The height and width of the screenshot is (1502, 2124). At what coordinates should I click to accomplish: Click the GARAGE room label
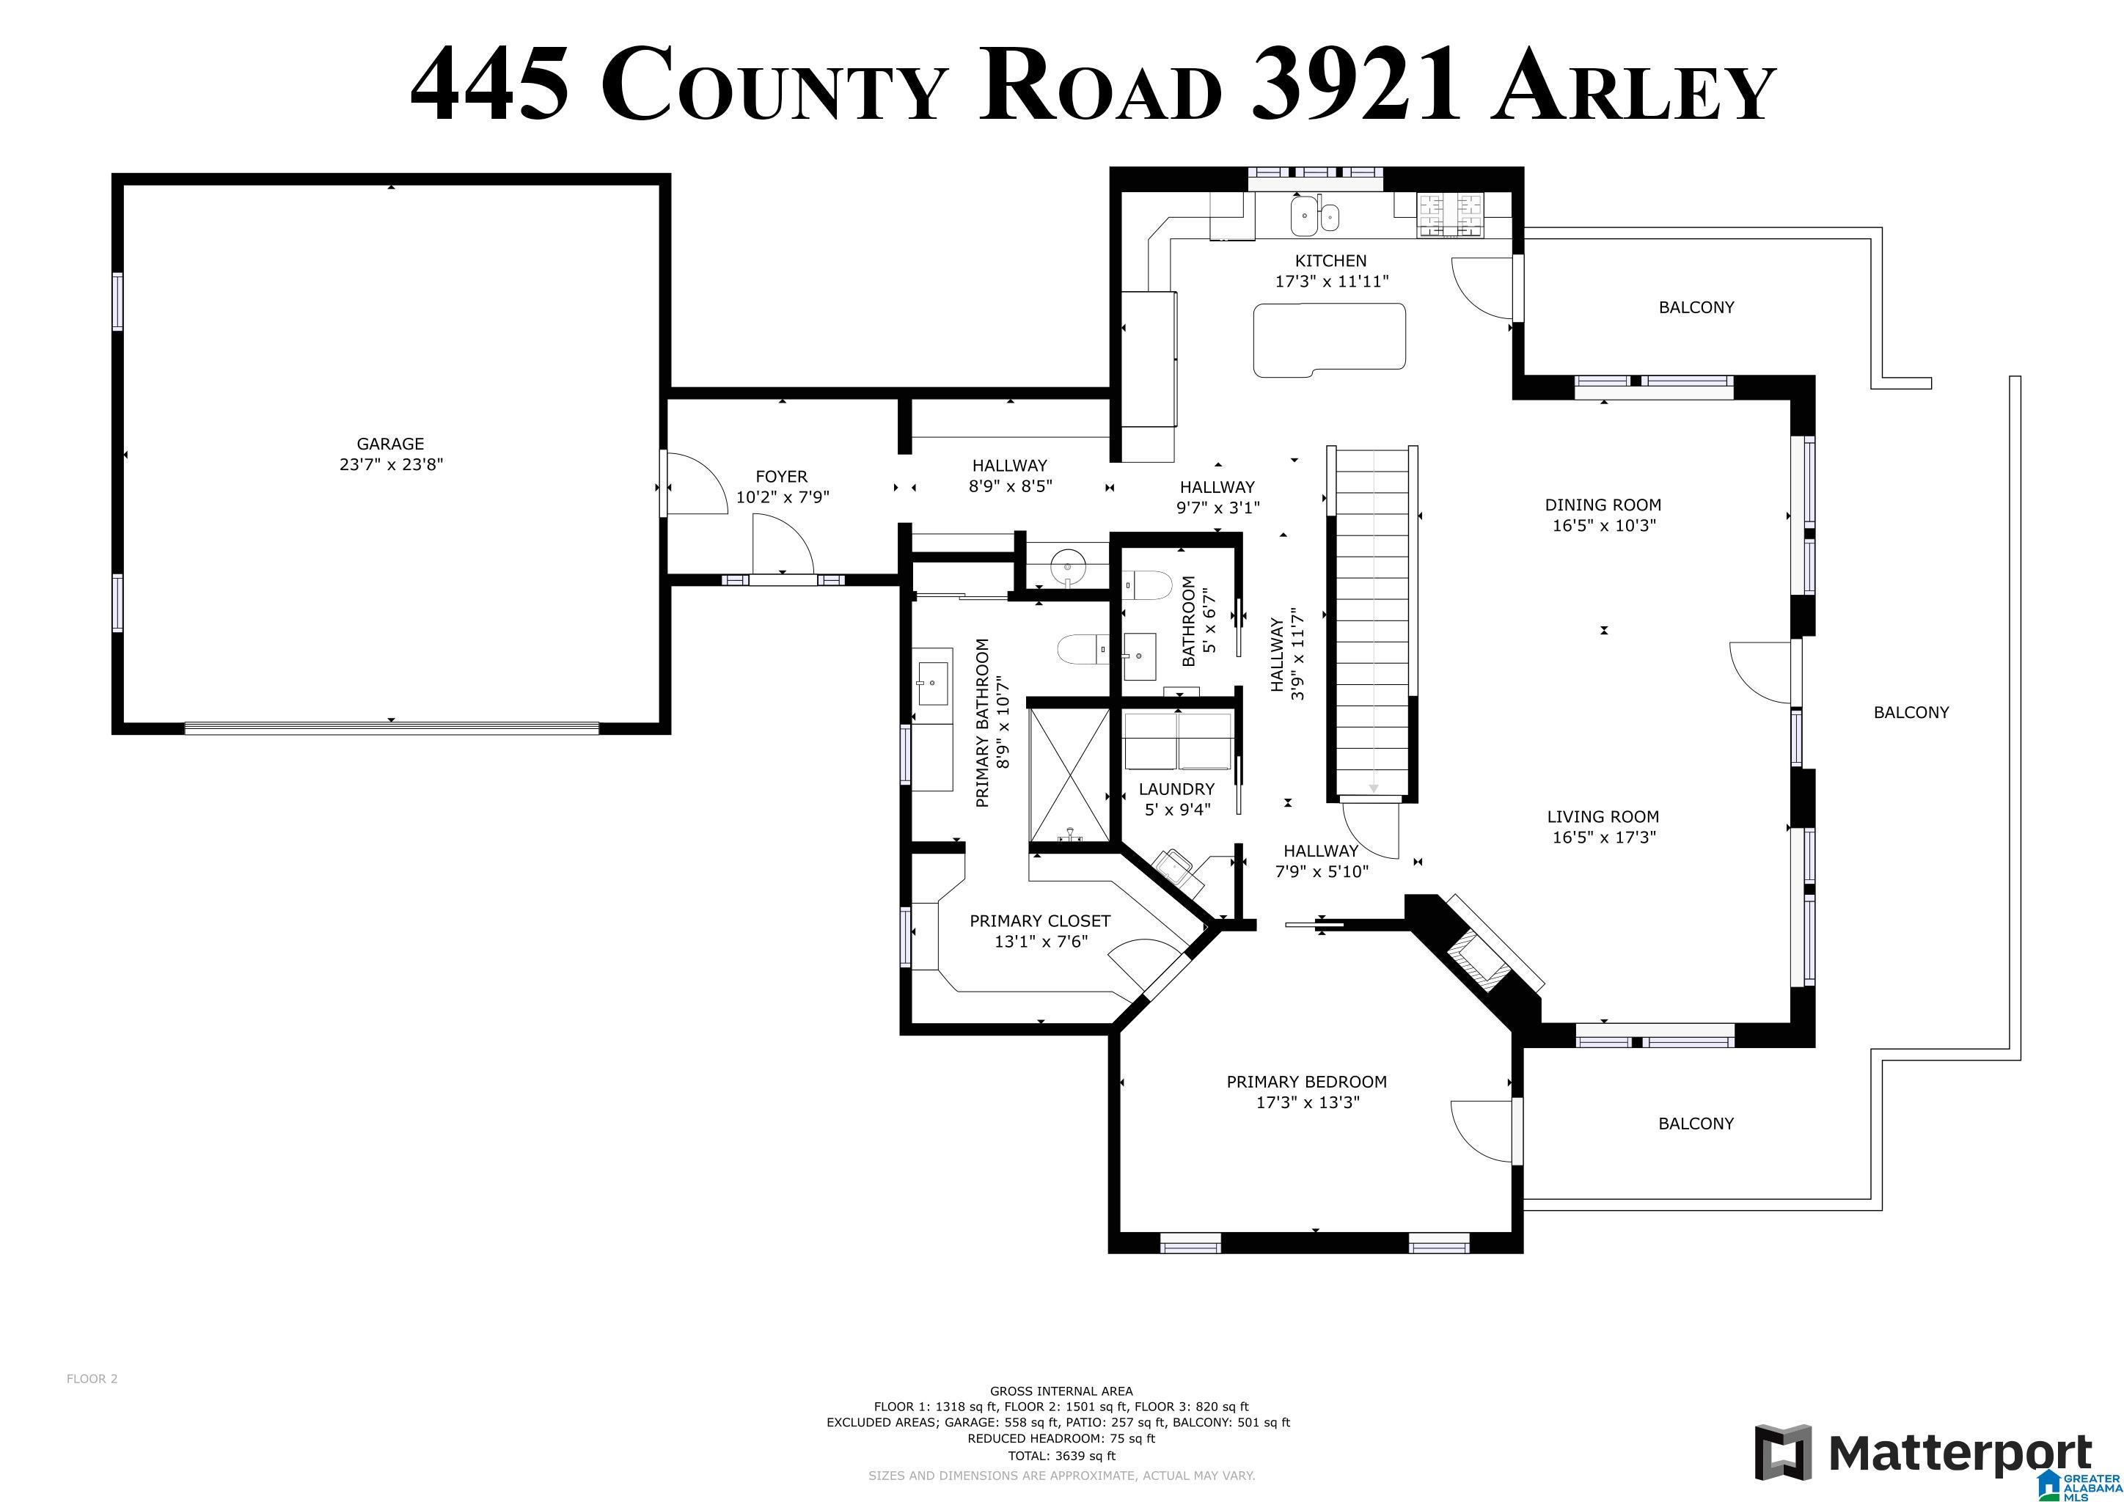point(390,444)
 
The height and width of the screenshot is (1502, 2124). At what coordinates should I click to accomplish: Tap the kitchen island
point(1330,340)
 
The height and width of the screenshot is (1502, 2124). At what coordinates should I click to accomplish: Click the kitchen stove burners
point(1451,216)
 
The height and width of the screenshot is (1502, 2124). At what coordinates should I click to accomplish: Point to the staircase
point(1374,621)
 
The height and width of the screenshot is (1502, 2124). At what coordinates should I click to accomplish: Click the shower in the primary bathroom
point(1069,776)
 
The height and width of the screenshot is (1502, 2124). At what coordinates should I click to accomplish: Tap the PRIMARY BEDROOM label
point(1306,1082)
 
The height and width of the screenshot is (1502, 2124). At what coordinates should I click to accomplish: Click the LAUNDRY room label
point(1176,789)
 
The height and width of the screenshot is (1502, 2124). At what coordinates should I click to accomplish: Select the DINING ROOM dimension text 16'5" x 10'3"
point(1603,525)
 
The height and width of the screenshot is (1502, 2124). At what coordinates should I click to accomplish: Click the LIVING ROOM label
point(1603,817)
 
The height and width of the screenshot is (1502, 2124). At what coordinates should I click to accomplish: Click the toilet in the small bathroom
point(1146,585)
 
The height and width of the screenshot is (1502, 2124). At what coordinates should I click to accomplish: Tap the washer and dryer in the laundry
point(1178,741)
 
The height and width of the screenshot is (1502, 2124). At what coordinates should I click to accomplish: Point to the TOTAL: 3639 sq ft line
point(1061,1456)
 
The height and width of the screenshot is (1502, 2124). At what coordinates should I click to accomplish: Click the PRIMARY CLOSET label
point(1040,921)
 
